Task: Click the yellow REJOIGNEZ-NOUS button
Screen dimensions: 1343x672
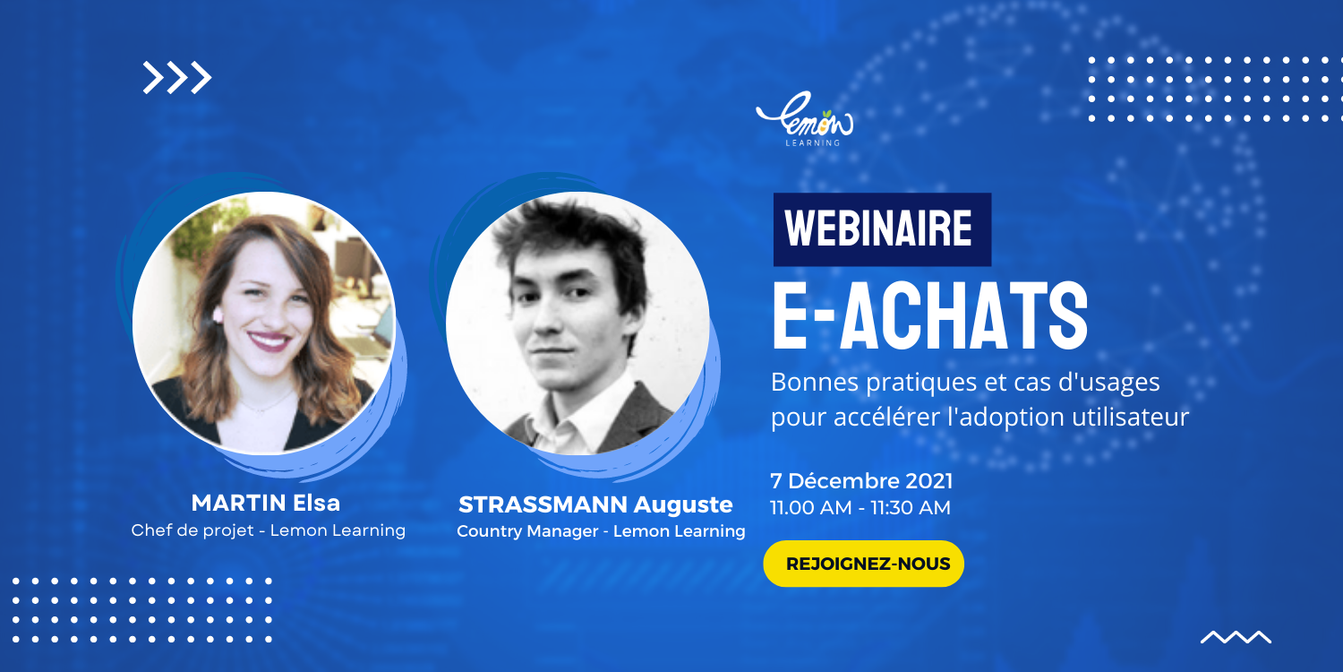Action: pyautogui.click(x=863, y=564)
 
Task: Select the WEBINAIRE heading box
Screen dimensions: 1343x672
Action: pyautogui.click(x=882, y=229)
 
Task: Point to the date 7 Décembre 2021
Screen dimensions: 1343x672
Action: pyautogui.click(x=861, y=481)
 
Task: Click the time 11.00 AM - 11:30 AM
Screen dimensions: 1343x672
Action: pyautogui.click(x=860, y=508)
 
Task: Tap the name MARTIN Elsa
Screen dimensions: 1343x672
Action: pyautogui.click(x=266, y=503)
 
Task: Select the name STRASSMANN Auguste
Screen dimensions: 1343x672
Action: pyautogui.click(x=595, y=504)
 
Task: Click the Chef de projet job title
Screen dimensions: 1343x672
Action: pyautogui.click(x=192, y=530)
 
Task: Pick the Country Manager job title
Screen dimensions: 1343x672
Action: pyautogui.click(x=527, y=531)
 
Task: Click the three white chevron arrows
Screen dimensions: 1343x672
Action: pyautogui.click(x=177, y=77)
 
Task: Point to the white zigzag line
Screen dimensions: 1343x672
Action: pyautogui.click(x=1236, y=637)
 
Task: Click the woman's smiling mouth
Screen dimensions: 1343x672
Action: pyautogui.click(x=269, y=341)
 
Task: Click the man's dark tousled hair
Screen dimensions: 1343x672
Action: pyautogui.click(x=569, y=240)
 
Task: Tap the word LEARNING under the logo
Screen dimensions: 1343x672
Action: pyautogui.click(x=813, y=142)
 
